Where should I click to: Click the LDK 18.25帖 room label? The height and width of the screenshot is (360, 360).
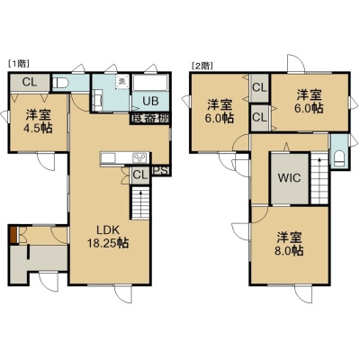pos(108,237)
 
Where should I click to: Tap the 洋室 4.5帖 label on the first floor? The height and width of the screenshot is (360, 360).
pos(38,121)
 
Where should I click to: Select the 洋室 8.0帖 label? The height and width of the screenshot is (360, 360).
pos(289,244)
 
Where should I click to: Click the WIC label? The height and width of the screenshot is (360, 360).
pos(289,178)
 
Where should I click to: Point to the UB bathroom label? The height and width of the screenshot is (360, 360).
pos(150,101)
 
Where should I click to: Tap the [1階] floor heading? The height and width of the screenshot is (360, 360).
pos(19,63)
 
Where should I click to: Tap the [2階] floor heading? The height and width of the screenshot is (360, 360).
pos(202,65)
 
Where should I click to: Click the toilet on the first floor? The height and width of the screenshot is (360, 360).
pos(60,83)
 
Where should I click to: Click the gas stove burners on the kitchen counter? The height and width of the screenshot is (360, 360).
pos(139,157)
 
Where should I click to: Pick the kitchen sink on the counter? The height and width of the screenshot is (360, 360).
pos(108,157)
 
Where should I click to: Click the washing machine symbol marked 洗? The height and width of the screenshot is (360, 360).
pos(122,82)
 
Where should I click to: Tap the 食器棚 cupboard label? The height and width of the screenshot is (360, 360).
pos(150,118)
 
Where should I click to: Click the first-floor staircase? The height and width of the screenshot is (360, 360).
pos(140,202)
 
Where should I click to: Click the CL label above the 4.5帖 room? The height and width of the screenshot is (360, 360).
pos(30,82)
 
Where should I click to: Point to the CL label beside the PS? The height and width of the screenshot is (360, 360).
pos(140,175)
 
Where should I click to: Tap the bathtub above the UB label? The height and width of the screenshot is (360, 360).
pos(150,83)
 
